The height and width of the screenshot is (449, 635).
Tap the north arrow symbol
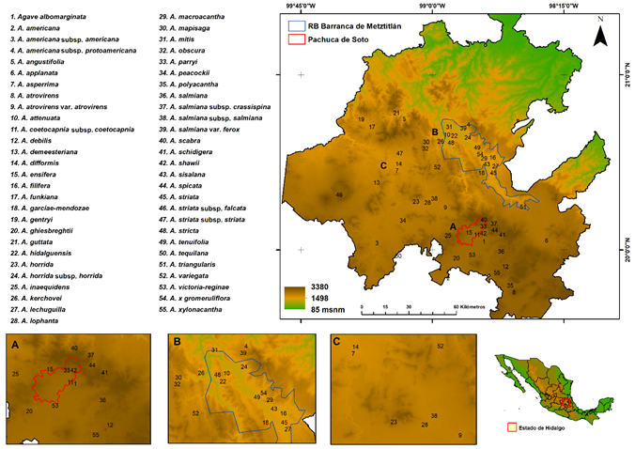(x=600, y=37)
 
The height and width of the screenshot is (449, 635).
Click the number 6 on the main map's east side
(x=547, y=241)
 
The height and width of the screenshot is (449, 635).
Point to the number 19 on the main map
(x=361, y=120)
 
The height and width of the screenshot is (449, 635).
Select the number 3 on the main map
(x=377, y=242)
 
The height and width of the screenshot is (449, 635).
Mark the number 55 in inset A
(x=96, y=436)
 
